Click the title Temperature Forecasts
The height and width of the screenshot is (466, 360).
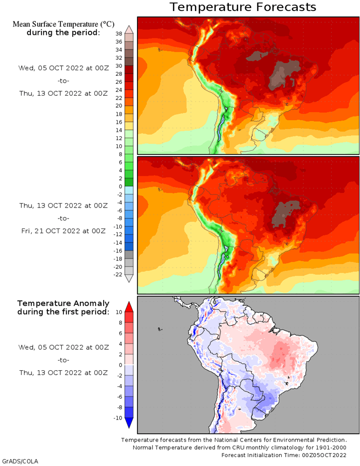243,7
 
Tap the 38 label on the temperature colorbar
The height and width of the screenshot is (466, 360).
119,33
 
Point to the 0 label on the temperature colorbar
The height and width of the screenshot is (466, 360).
120,187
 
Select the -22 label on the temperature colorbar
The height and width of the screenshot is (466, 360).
118,274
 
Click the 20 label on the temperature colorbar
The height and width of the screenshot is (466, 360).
119,106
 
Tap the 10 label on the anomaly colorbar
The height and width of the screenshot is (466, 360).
119,312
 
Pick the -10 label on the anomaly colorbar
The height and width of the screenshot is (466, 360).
118,418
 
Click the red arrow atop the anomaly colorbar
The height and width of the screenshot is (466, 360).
129,307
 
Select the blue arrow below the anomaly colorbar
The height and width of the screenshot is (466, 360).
129,423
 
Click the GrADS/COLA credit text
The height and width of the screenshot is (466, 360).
20,462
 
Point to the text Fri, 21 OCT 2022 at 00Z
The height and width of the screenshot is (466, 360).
63,231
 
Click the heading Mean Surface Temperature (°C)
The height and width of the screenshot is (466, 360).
63,24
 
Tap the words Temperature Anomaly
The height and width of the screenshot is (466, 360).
63,303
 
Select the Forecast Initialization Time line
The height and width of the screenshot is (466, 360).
284,455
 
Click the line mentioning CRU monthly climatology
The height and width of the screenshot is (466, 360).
239,448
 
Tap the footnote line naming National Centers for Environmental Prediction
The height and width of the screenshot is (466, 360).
234,440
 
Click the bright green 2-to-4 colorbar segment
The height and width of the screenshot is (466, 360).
129,174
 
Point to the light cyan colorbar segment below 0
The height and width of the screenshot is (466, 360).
129,190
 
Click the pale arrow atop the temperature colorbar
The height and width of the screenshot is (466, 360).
129,29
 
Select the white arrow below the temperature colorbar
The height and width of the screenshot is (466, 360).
129,278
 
